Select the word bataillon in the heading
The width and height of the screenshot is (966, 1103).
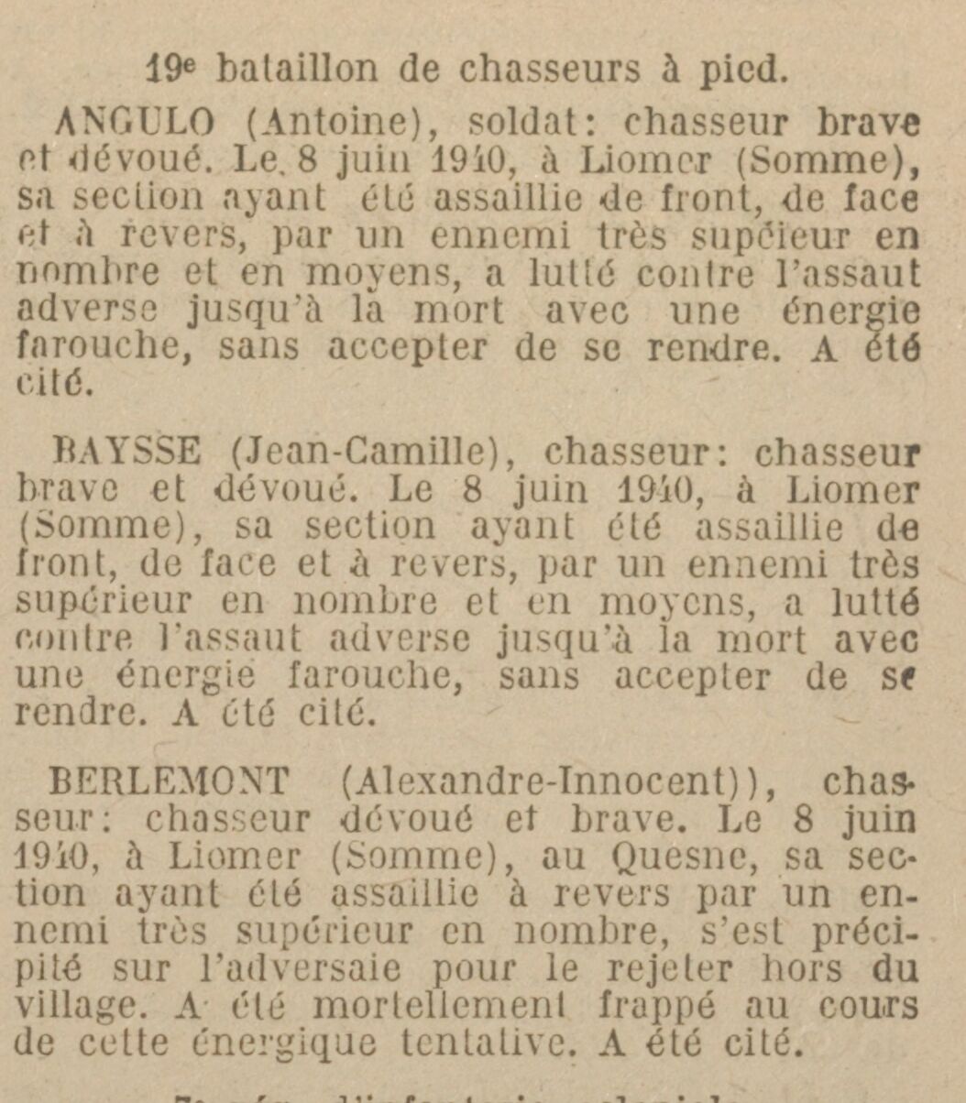click(x=295, y=71)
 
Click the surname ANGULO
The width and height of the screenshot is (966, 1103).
click(x=136, y=122)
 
